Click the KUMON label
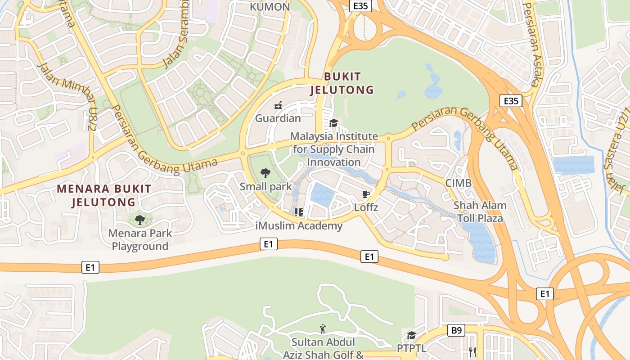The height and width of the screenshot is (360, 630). [270, 7]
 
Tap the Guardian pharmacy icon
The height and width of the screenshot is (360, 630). [278, 106]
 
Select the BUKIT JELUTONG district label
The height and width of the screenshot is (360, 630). [342, 83]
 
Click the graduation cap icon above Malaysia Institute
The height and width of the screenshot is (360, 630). [333, 123]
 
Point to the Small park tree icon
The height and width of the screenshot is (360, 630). [265, 173]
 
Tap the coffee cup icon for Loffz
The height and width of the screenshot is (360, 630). [366, 194]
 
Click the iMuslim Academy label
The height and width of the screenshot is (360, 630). [299, 226]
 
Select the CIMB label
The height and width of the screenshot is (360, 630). [458, 183]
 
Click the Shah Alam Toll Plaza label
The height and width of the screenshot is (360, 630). [480, 212]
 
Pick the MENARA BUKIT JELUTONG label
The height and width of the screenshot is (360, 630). [104, 195]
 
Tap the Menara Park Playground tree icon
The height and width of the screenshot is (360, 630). [140, 220]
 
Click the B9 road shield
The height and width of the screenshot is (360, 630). [456, 331]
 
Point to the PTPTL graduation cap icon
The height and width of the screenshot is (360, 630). [411, 336]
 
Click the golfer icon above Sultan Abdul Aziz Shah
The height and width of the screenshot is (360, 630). [322, 329]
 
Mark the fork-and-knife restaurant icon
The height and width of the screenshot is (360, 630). [472, 351]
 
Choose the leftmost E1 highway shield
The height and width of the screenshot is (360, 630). [90, 267]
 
